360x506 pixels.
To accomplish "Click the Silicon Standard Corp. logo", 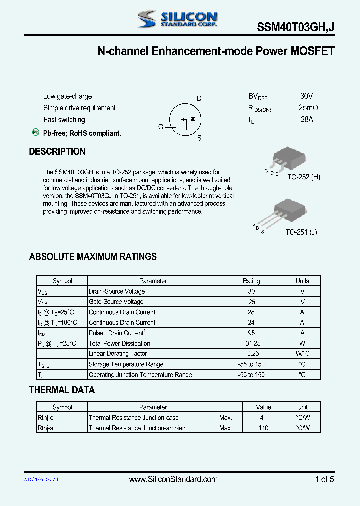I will [x=177, y=19].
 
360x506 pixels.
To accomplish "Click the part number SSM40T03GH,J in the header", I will [x=296, y=29].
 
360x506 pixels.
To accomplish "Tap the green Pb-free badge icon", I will [x=36, y=132].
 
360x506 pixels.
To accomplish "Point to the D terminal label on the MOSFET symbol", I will [x=199, y=99].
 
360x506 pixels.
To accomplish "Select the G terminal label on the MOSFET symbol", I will [x=161, y=127].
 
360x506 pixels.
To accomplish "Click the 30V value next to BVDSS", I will [x=307, y=96].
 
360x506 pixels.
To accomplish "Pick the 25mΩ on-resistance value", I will [x=309, y=108].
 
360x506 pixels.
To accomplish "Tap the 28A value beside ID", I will [x=307, y=120].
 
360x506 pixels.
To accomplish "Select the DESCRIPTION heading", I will [x=57, y=152].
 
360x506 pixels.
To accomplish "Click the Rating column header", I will [x=251, y=281].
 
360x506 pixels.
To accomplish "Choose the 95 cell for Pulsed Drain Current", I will [x=251, y=333].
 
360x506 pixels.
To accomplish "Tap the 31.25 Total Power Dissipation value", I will [x=251, y=343].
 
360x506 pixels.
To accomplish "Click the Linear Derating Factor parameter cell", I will [x=118, y=354].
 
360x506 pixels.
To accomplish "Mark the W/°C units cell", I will [x=302, y=354].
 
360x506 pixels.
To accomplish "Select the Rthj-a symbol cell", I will [x=46, y=428].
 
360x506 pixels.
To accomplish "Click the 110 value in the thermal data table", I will [x=264, y=428].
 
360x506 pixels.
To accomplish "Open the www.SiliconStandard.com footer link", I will [x=173, y=479].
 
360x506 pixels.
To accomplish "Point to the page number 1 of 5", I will [x=324, y=479].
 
